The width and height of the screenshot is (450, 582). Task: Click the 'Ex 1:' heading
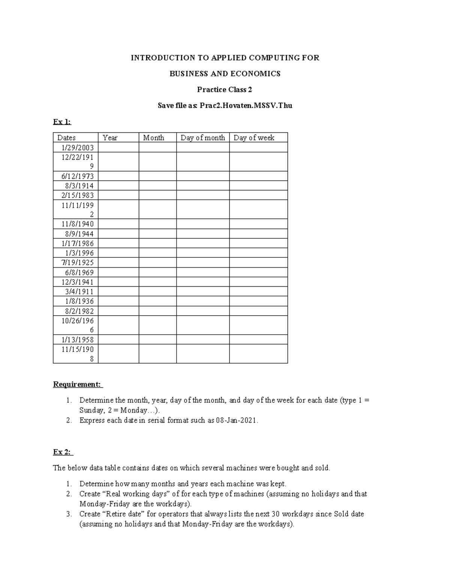pos(62,122)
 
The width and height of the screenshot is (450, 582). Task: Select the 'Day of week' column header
pos(254,138)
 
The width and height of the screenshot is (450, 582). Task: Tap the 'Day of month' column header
pos(202,138)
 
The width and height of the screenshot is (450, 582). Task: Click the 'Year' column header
pos(110,138)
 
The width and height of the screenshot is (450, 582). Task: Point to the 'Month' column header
pos(153,138)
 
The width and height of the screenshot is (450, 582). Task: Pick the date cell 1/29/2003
pos(78,147)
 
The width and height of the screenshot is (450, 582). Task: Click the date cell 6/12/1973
pos(78,176)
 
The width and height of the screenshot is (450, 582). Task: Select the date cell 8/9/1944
pos(78,234)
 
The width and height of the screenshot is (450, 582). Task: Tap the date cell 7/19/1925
pos(78,262)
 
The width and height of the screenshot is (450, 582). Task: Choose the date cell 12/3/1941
pos(78,282)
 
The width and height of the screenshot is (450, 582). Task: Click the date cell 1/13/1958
pos(78,340)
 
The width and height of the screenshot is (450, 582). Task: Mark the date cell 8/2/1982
pos(78,311)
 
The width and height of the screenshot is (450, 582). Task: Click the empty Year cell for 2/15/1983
pos(118,195)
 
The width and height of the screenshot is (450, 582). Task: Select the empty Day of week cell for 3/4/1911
pos(258,292)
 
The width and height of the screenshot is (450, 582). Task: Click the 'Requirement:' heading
pos(77,384)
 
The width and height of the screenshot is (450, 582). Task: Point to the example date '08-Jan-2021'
pos(237,420)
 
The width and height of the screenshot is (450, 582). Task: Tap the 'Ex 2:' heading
pos(62,452)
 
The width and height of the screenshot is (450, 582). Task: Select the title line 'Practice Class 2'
pos(225,90)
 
